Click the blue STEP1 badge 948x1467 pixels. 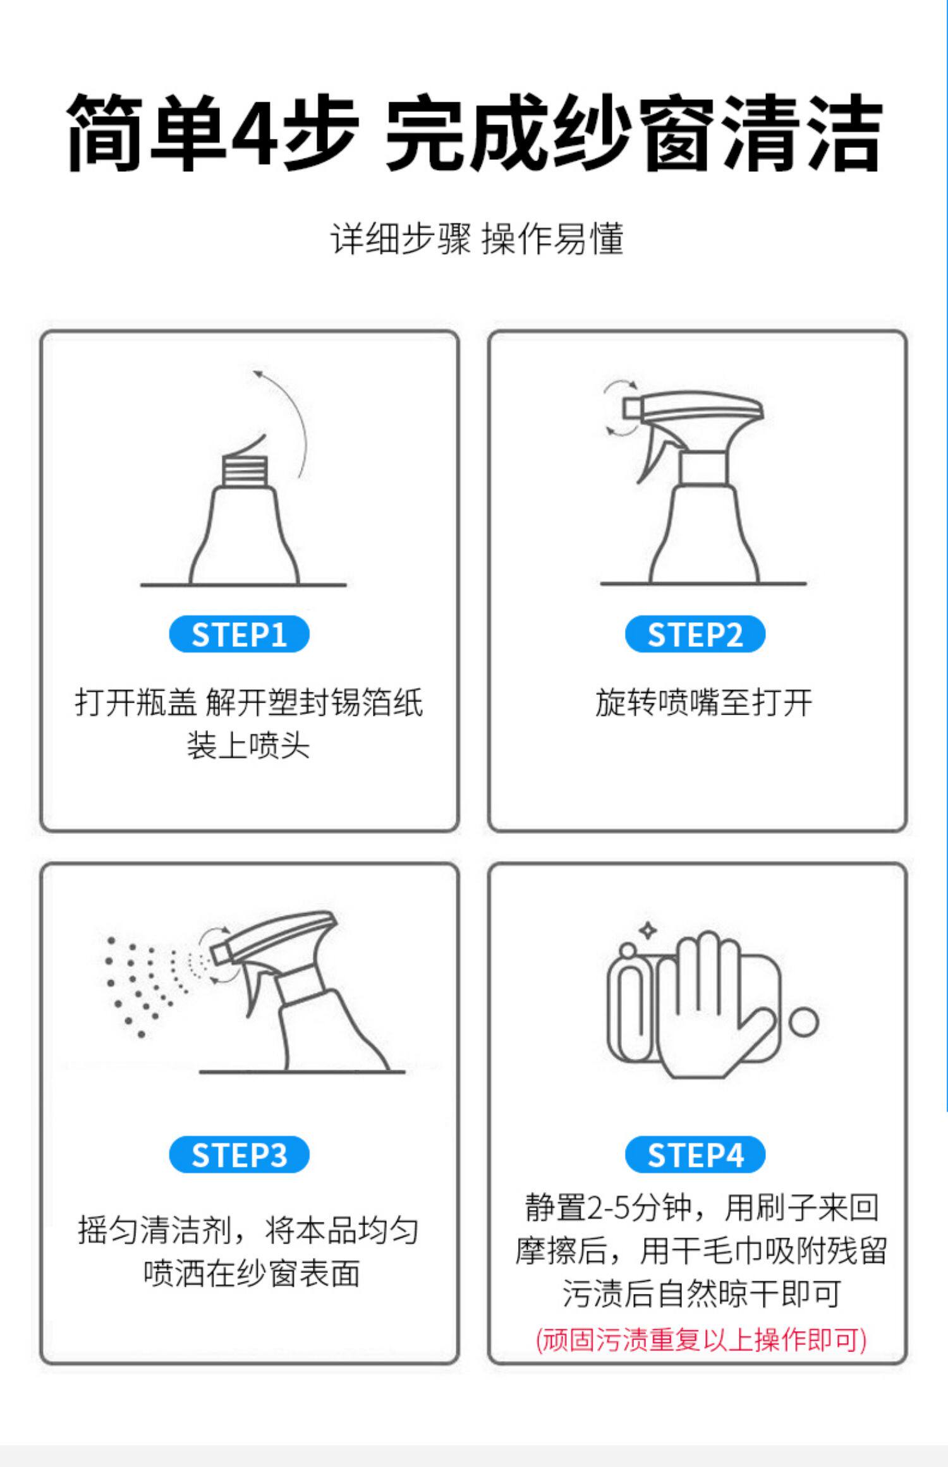239,634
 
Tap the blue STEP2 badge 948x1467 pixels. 695,634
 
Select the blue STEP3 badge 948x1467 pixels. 239,1154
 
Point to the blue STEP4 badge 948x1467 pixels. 695,1154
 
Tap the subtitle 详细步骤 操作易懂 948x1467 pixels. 477,239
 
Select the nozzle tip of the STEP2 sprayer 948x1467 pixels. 629,407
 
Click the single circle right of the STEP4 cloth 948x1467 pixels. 803,1021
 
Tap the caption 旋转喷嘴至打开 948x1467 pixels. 703,703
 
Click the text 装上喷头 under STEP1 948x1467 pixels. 248,746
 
